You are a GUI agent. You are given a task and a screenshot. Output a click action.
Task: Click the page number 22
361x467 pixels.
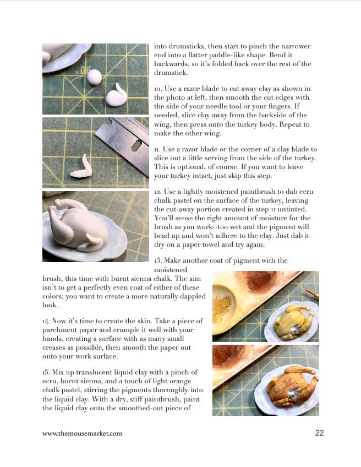point(319,433)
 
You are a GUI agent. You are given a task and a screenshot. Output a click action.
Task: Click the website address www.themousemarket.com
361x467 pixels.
point(82,433)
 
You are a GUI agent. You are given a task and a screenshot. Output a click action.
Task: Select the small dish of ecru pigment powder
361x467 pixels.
point(223,303)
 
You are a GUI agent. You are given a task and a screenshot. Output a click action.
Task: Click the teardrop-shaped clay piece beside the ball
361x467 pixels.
point(117,96)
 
